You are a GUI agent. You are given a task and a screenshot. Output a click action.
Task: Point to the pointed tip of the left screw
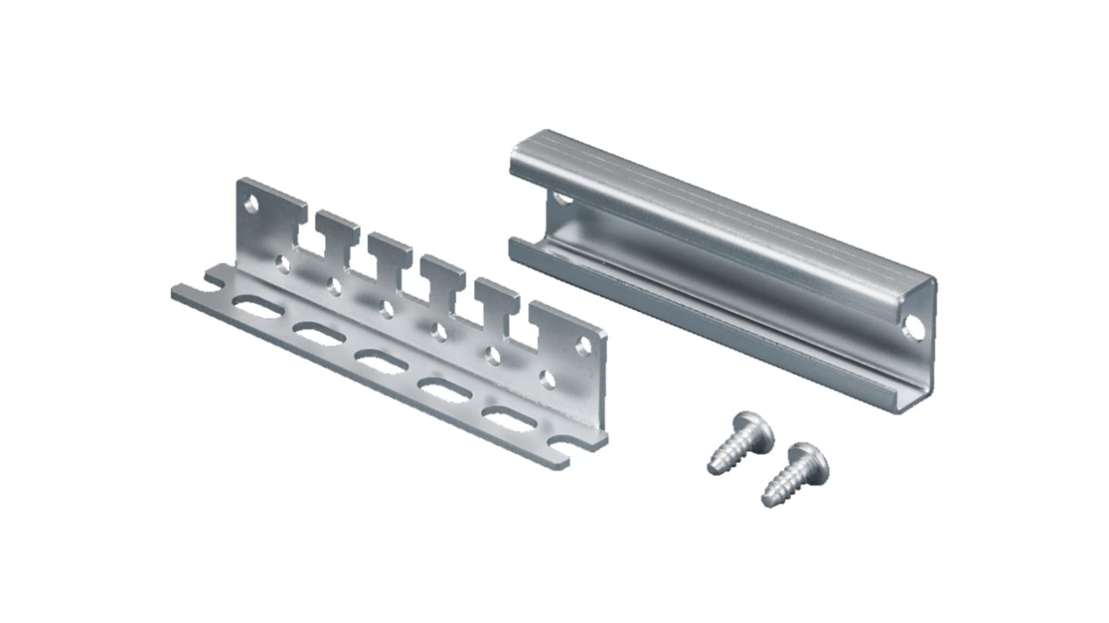click(712, 469)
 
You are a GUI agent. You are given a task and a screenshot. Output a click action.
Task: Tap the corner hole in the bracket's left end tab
click(251, 205)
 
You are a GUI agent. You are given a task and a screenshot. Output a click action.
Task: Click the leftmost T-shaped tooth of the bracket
click(337, 230)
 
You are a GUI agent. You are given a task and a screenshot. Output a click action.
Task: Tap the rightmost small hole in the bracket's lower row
click(547, 380)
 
